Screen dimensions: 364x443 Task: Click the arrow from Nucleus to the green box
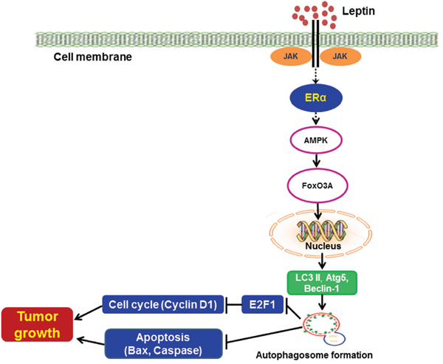pyautogui.click(x=323, y=263)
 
